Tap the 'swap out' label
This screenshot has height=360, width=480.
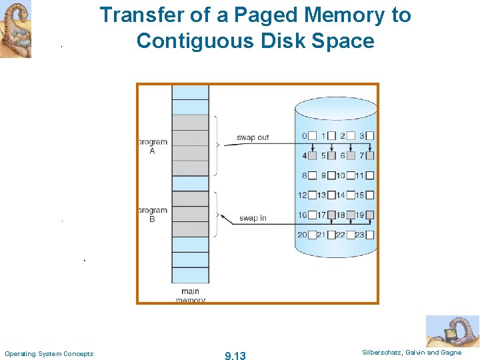[253, 137]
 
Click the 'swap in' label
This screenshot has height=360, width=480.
[253, 218]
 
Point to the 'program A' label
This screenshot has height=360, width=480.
[152, 147]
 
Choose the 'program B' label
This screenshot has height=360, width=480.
[152, 215]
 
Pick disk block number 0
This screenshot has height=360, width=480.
[312, 136]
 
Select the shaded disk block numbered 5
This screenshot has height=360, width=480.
[331, 156]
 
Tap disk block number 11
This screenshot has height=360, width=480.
[370, 175]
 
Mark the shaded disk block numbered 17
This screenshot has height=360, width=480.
[331, 215]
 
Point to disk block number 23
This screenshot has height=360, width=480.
[370, 235]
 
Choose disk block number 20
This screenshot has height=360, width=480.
[312, 235]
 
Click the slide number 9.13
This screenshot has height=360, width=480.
[235, 356]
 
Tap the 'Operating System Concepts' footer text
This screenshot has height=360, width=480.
[49, 353]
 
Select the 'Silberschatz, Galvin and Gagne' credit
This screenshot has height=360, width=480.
[411, 353]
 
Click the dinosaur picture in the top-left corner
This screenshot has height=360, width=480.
[15, 29]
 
